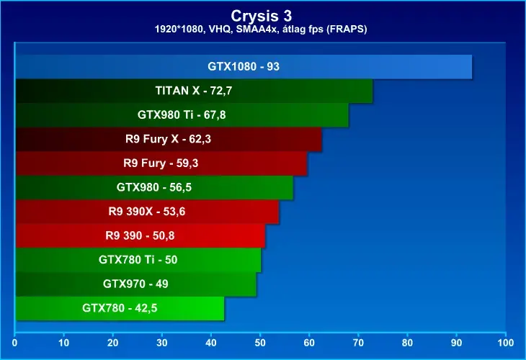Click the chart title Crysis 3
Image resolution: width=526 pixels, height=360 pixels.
click(262, 16)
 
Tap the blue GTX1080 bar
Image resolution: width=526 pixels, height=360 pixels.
click(244, 67)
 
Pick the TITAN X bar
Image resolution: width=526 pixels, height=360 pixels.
click(194, 91)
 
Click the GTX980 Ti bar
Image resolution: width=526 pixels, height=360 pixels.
click(182, 115)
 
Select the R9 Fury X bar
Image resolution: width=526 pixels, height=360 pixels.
click(169, 139)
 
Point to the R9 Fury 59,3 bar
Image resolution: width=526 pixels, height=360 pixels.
click(161, 163)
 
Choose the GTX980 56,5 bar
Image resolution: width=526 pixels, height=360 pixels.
click(154, 187)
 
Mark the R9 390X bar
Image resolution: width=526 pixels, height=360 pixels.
click(147, 212)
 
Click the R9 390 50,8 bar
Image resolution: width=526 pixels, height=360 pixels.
click(141, 235)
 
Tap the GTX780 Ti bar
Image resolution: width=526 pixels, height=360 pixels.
click(138, 260)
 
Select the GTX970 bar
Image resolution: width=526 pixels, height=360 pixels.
click(136, 284)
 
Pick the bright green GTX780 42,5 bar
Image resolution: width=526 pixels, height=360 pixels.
click(120, 308)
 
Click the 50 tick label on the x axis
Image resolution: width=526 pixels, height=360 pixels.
click(260, 343)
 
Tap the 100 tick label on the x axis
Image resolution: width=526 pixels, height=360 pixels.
click(506, 343)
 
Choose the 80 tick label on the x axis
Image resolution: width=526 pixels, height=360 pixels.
click(407, 343)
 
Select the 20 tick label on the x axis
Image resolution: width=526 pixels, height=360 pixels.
click(112, 343)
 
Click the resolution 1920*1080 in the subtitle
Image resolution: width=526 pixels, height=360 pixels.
click(179, 30)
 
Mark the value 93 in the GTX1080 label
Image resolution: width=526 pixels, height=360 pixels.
click(273, 67)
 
